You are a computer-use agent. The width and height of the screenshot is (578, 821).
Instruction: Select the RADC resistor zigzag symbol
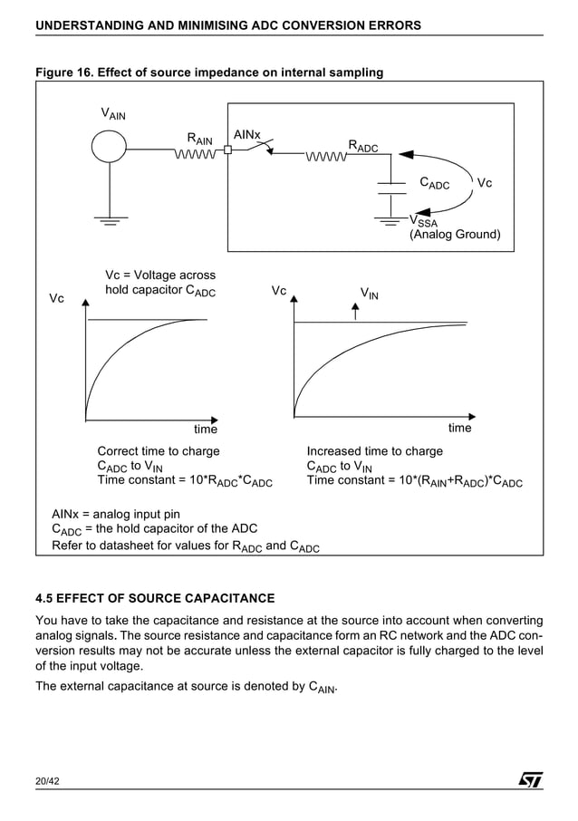pyautogui.click(x=327, y=159)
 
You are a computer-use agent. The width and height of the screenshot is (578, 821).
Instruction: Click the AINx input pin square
pyautogui.click(x=228, y=151)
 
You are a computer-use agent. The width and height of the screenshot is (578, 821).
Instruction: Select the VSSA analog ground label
pyautogui.click(x=423, y=220)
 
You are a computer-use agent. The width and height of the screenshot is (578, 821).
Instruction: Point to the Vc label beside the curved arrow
pyautogui.click(x=485, y=183)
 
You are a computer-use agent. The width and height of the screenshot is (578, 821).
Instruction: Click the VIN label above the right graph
pyautogui.click(x=370, y=294)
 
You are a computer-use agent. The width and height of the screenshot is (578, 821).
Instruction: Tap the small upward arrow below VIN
pyautogui.click(x=355, y=312)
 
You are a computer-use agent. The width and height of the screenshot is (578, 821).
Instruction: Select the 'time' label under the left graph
pyautogui.click(x=206, y=429)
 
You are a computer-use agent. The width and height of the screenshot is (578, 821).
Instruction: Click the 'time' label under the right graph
pyautogui.click(x=460, y=428)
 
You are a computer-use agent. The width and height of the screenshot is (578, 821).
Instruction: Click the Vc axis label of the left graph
pyautogui.click(x=56, y=298)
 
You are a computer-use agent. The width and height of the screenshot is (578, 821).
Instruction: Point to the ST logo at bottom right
pyautogui.click(x=530, y=780)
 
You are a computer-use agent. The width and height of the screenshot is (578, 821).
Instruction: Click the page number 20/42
pyautogui.click(x=47, y=781)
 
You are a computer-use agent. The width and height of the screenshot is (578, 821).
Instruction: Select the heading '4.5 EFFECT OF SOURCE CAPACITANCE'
pyautogui.click(x=154, y=599)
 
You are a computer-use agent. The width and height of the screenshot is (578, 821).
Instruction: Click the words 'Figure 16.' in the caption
pyautogui.click(x=63, y=72)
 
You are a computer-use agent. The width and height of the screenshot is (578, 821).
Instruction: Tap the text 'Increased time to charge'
pyautogui.click(x=375, y=451)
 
